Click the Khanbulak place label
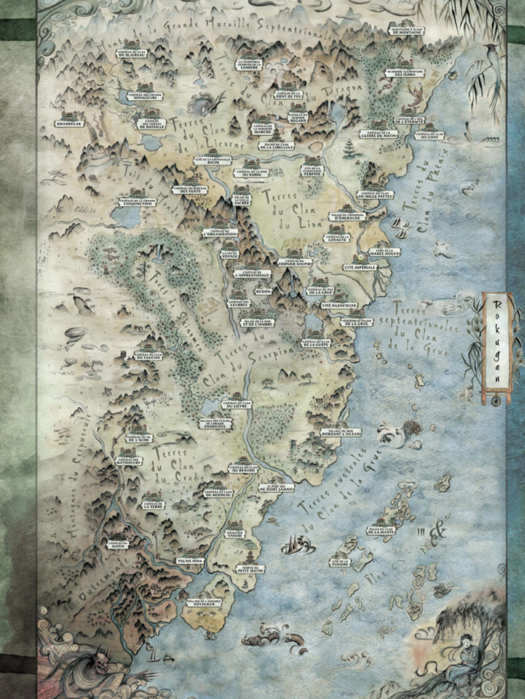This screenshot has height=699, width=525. (x=70, y=124)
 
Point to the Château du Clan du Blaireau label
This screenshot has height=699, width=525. (x=133, y=53)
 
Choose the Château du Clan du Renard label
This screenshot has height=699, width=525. (x=243, y=469)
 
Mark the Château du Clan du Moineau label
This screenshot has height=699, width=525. (x=218, y=492)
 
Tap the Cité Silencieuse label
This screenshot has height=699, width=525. (x=339, y=305)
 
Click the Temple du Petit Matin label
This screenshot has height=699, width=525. (x=251, y=569)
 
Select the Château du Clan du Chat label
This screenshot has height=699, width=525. (x=429, y=135)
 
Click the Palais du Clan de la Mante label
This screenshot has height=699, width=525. (x=381, y=530)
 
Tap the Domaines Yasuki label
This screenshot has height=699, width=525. (x=234, y=534)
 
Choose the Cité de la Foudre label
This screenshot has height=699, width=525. (x=339, y=563)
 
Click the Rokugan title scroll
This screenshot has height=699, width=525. (x=498, y=347)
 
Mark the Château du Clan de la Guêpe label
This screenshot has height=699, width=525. (x=316, y=343)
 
